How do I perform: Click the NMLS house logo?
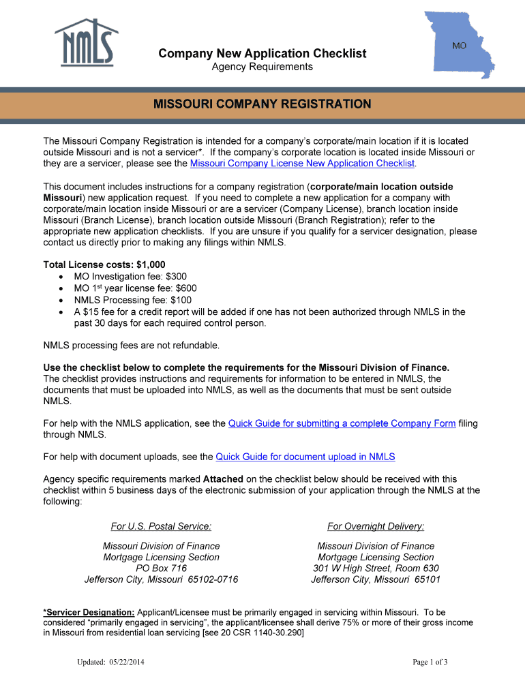(86, 42)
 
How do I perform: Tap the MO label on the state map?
(459, 45)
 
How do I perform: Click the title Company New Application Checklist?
(262, 53)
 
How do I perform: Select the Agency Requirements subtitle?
(262, 67)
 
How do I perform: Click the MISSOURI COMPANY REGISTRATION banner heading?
(262, 104)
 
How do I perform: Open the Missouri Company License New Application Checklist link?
(302, 164)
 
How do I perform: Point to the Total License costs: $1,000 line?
(104, 264)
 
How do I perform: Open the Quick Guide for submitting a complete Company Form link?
(342, 423)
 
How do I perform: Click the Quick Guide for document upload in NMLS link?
(305, 457)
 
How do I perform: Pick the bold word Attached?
(223, 479)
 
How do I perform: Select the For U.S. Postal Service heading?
(161, 526)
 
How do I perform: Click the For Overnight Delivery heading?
(376, 526)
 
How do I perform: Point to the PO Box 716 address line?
(161, 568)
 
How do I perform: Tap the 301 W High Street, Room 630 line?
(376, 568)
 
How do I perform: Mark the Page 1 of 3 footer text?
(430, 662)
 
